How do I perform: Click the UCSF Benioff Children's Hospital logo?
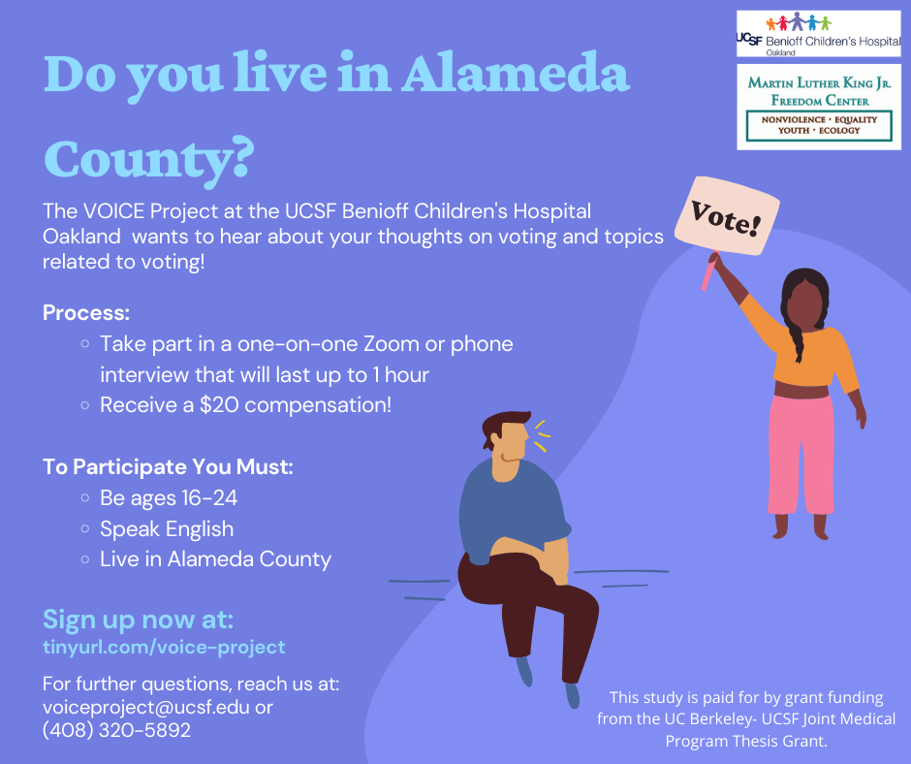coord(819,34)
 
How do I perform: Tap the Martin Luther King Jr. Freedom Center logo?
coord(819,107)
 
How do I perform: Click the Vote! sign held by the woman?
coord(727,216)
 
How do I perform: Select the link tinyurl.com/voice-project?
coord(164,647)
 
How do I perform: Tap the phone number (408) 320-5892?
coord(116,730)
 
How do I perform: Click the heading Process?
coord(86,313)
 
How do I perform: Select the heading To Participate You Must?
coord(168,467)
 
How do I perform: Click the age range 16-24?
coord(209,498)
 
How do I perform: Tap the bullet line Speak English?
coord(167,529)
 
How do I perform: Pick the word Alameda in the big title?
coord(516,73)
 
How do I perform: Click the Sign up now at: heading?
coord(139,620)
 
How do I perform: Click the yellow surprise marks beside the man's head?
coord(542,435)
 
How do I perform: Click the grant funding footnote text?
coord(746,719)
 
